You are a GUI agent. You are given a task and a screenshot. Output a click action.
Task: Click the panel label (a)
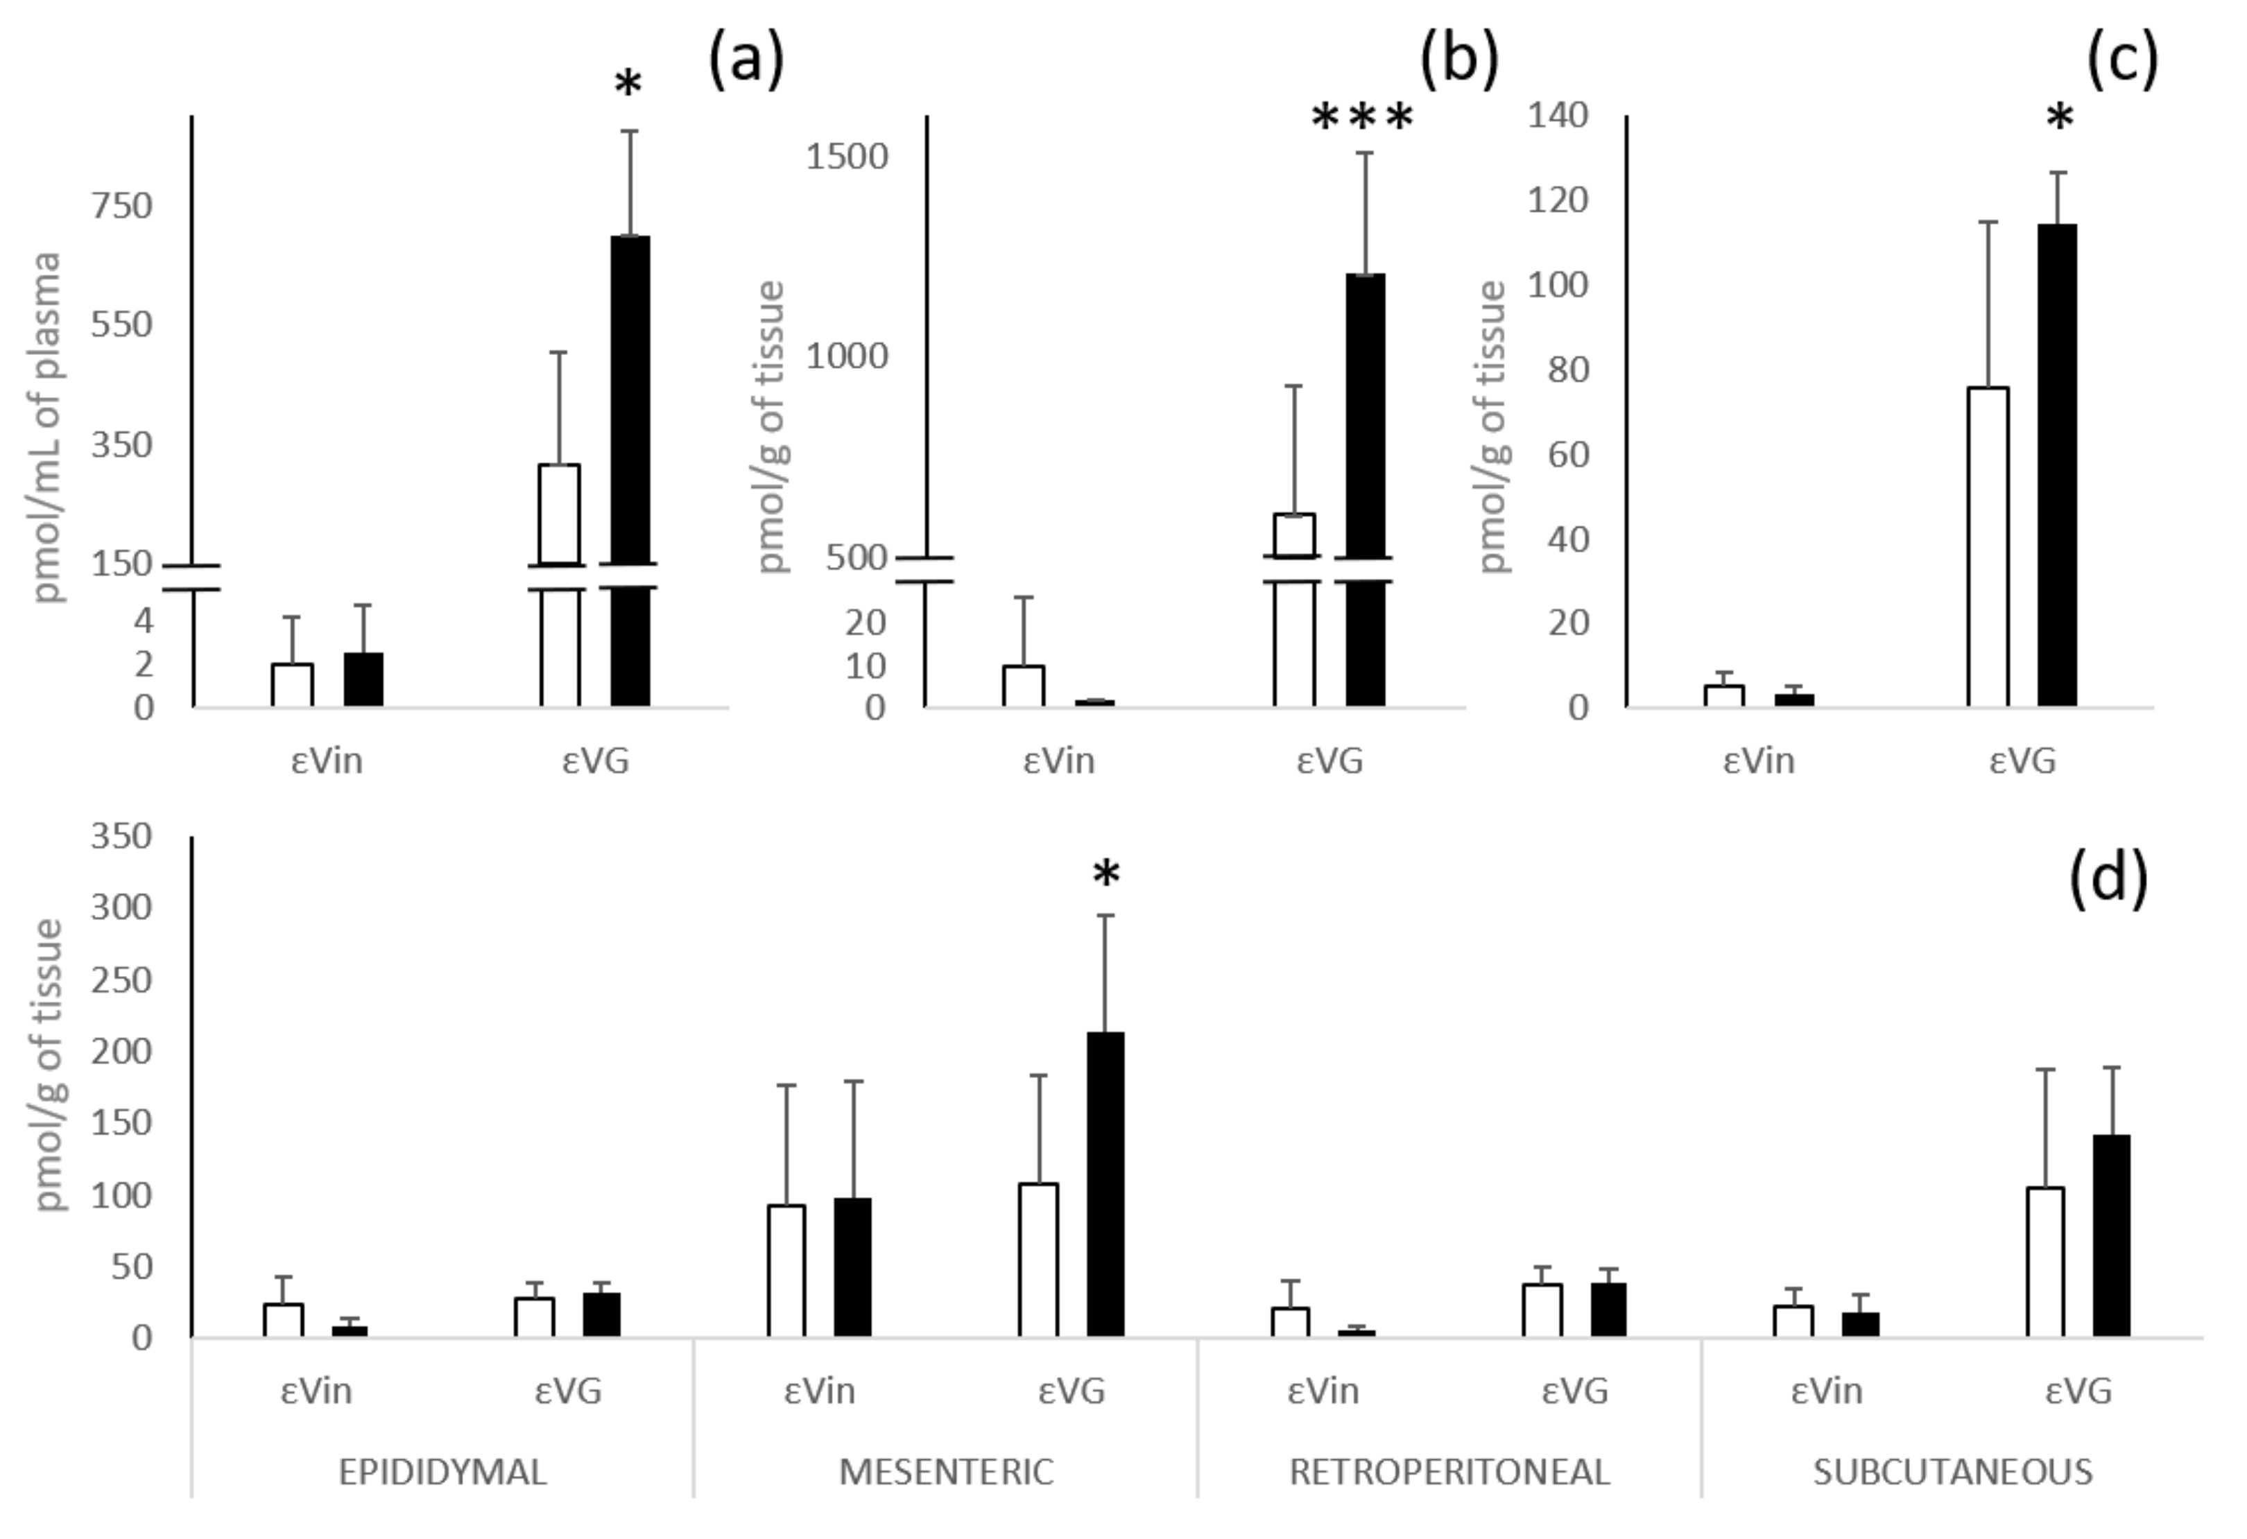[746, 60]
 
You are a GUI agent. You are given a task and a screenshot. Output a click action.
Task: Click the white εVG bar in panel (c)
[1988, 546]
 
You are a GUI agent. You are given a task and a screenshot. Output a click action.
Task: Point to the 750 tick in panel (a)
[122, 206]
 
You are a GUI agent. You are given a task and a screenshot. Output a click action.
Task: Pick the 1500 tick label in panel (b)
[847, 157]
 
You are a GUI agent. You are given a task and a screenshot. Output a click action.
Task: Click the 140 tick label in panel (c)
[1558, 115]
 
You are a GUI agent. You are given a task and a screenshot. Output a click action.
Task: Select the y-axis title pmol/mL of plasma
[47, 426]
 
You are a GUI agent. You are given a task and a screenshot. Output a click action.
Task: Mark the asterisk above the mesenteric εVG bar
[1106, 876]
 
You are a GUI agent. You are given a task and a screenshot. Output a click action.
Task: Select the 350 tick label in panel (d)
[122, 836]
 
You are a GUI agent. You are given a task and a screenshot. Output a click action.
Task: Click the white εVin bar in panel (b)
[1023, 686]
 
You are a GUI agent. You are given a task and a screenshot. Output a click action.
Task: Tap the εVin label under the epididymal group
[316, 1391]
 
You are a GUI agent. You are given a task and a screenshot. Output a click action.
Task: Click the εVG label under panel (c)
[2023, 760]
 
